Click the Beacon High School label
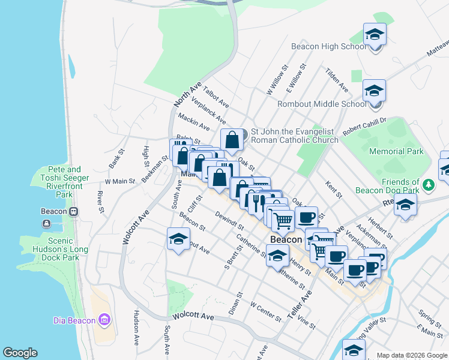tap(328, 46)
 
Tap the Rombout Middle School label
tap(322, 104)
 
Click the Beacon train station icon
tap(73, 212)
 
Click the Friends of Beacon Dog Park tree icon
tap(428, 183)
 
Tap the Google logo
tap(20, 353)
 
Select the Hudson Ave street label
tap(136, 328)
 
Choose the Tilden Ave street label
tap(337, 79)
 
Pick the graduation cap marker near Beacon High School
tap(375, 35)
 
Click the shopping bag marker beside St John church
tap(232, 140)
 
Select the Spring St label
tap(430, 314)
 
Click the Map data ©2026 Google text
tap(411, 355)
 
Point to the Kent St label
tap(334, 190)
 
